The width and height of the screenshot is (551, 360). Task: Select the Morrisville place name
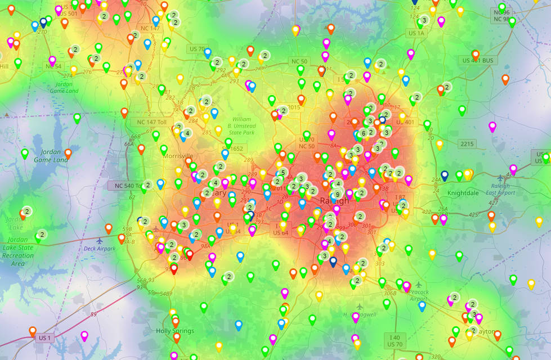point(177,156)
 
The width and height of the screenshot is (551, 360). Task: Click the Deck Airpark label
point(100,248)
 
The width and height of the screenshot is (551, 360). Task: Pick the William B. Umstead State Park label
point(241,127)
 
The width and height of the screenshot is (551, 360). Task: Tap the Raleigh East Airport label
point(512,189)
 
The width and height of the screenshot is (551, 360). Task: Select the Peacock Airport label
point(419,295)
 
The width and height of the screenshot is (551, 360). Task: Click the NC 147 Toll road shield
point(149,121)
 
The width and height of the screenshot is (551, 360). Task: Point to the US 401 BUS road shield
point(477,60)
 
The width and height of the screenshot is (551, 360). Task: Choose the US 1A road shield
point(416,33)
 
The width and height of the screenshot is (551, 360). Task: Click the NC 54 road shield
point(53,66)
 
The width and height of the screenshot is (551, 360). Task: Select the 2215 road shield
point(467,144)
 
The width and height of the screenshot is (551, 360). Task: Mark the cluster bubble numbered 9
point(337,195)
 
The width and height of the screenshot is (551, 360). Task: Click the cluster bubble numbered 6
point(363,133)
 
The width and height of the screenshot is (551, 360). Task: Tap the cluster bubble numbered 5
point(283,172)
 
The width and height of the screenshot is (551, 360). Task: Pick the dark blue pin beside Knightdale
point(445,175)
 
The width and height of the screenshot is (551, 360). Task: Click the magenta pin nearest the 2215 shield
point(492,127)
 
